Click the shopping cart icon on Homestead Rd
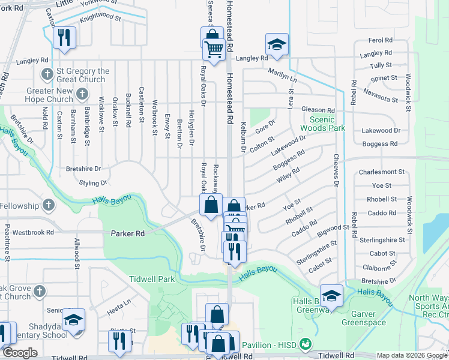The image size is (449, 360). point(214,48)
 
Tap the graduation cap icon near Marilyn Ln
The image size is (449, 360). point(277,44)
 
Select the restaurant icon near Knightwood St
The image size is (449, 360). point(64,37)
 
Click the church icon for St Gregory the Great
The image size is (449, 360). point(47,75)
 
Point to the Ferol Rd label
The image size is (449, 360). point(380,40)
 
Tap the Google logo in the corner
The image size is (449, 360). point(20,353)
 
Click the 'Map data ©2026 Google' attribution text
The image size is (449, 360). point(411,355)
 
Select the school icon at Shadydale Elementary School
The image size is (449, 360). point(73,320)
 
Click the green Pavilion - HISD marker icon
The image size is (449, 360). point(306,344)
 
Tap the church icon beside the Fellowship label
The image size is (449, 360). point(48,206)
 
